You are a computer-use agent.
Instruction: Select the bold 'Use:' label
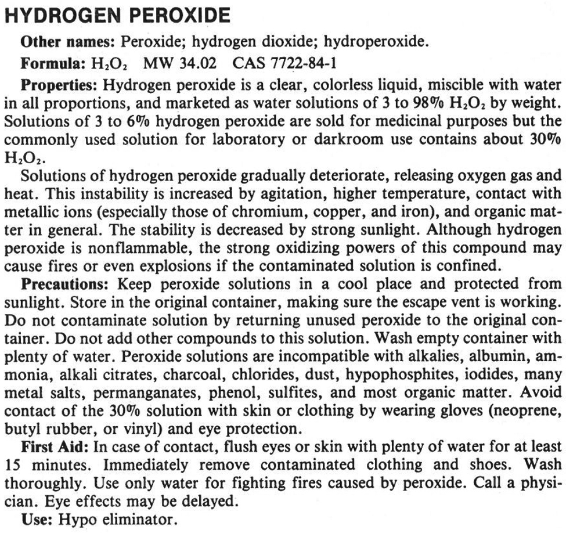pyautogui.click(x=34, y=520)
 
